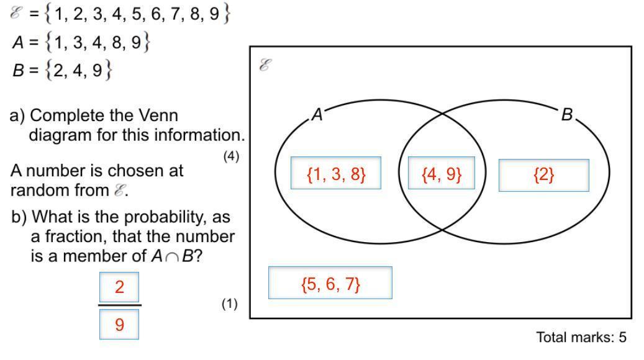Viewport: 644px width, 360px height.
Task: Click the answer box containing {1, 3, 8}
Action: click(336, 174)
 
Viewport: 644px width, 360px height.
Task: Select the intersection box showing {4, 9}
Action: click(442, 174)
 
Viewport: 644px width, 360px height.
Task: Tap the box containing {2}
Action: click(544, 175)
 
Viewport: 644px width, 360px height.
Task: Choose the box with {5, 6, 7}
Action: click(330, 283)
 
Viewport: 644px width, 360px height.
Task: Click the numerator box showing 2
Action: click(119, 287)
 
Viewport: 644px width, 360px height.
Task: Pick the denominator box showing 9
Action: click(119, 324)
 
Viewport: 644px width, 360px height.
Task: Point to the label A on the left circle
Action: click(317, 115)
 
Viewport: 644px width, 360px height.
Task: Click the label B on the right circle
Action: click(566, 115)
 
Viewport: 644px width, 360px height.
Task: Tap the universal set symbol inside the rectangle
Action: click(265, 65)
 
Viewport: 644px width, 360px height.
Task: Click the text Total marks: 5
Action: click(581, 337)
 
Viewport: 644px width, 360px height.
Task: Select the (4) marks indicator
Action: click(231, 157)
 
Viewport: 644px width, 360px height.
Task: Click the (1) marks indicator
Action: click(230, 304)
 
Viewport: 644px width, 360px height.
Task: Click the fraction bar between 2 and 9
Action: click(119, 305)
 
